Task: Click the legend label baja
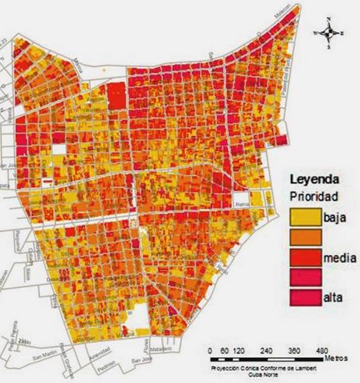336,217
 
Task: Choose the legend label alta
333,298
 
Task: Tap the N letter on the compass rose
329,19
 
